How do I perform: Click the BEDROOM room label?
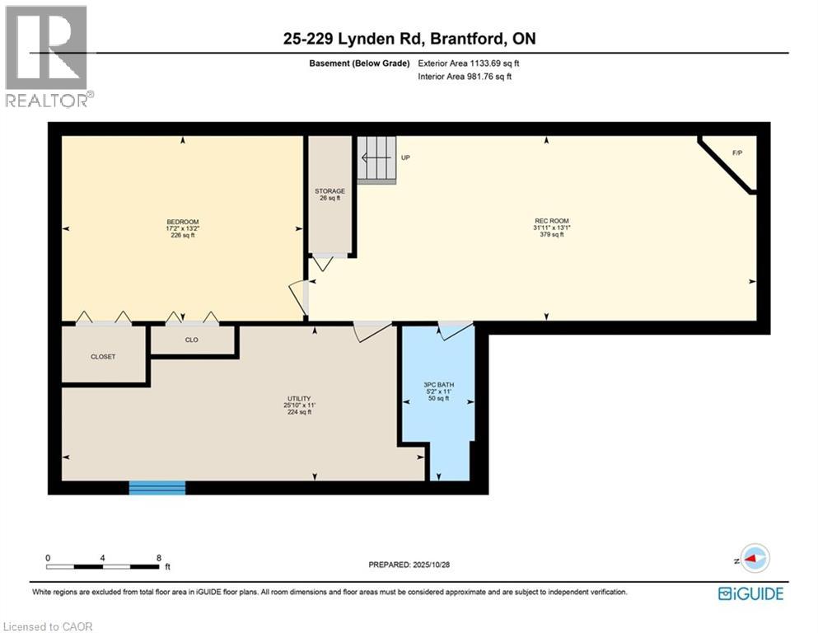click(183, 222)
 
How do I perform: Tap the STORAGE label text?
click(330, 191)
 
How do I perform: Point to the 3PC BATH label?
click(438, 384)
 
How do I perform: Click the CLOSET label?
click(103, 357)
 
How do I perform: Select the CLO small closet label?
click(191, 340)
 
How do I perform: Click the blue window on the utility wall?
click(157, 488)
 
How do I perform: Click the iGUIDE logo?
click(750, 593)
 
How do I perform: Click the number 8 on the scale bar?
click(159, 557)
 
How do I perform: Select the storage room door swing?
click(322, 263)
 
